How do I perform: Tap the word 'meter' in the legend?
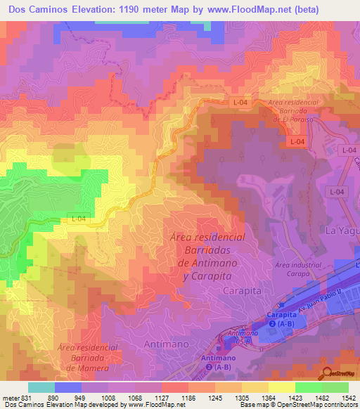tap(10, 397)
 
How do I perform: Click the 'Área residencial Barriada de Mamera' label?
tap(88, 358)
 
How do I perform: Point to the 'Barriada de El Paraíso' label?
tap(289, 112)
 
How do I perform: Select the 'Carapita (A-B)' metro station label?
tap(282, 320)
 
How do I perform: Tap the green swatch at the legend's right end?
tap(335, 387)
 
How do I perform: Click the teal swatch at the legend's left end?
tap(41, 387)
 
